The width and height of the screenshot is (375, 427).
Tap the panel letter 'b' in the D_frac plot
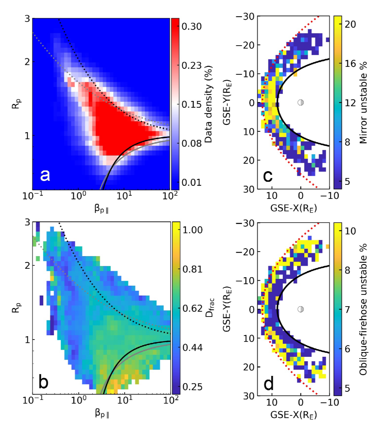pos(43,381)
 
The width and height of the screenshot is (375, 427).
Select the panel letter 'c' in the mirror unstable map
pos(268,176)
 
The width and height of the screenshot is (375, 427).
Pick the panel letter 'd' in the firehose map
pos(269,383)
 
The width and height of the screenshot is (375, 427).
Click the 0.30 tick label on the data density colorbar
pos(192,26)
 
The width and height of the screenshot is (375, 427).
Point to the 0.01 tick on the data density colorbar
pos(192,182)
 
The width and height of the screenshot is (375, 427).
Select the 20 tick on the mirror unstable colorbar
pos(350,24)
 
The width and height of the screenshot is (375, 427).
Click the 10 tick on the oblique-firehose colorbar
pos(350,231)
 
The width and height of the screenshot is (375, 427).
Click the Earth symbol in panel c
pos(301,103)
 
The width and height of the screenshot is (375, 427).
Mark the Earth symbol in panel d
pos(301,309)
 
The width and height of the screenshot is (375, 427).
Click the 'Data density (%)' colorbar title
pos(209,104)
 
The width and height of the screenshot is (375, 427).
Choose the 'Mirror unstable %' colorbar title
pos(364,103)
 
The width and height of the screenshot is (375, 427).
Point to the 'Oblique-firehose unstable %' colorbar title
pos(364,309)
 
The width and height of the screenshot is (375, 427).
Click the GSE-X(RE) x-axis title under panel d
pos(293,415)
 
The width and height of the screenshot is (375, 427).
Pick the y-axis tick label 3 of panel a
pos(27,19)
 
